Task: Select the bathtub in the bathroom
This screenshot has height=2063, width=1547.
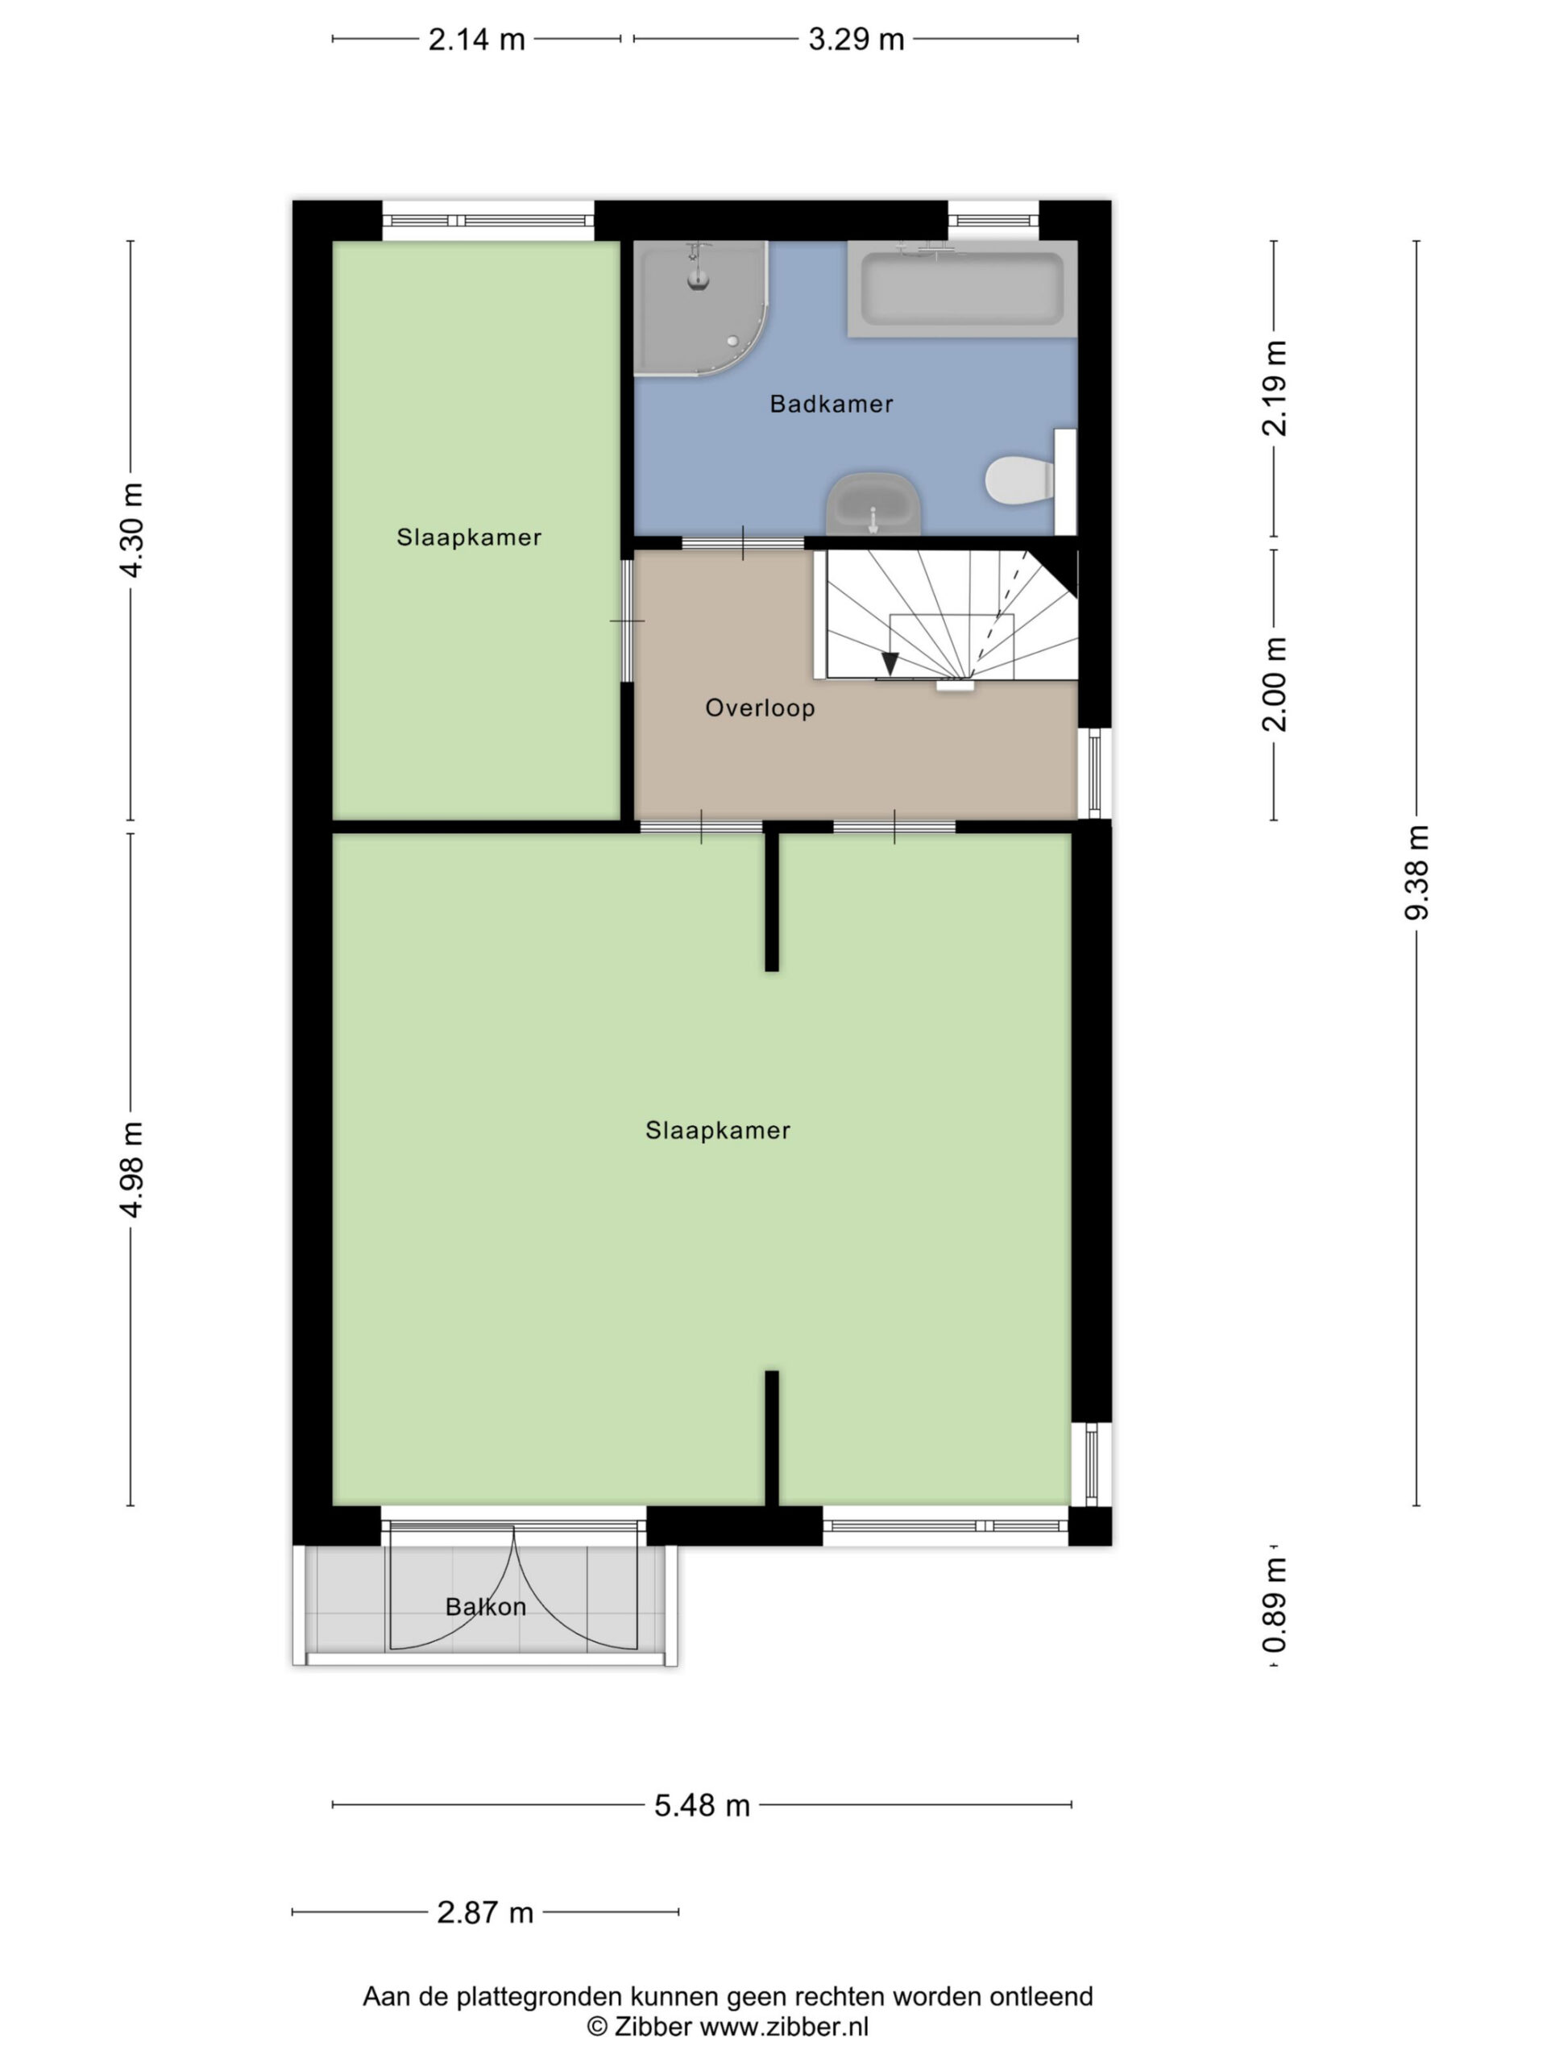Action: click(x=961, y=287)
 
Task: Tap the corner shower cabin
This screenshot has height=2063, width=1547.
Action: click(x=700, y=308)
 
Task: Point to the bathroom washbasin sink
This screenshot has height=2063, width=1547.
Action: click(x=873, y=504)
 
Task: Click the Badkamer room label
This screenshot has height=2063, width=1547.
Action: click(x=831, y=404)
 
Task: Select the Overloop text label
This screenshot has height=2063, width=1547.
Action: click(x=760, y=708)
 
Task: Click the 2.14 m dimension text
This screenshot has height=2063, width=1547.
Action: click(x=476, y=39)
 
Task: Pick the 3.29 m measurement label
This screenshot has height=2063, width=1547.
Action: click(x=856, y=39)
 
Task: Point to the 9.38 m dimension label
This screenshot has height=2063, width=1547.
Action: click(x=1416, y=872)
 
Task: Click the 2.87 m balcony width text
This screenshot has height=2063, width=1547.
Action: click(x=485, y=1913)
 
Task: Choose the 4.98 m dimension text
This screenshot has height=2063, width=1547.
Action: click(x=131, y=1169)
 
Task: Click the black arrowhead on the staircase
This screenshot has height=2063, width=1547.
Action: click(x=890, y=663)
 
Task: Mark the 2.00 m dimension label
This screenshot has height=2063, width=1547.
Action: click(x=1274, y=684)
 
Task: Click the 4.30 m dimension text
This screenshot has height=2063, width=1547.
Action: click(x=131, y=529)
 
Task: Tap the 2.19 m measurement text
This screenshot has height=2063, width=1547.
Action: click(x=1274, y=388)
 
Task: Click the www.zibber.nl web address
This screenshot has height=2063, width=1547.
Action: click(x=784, y=2027)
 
